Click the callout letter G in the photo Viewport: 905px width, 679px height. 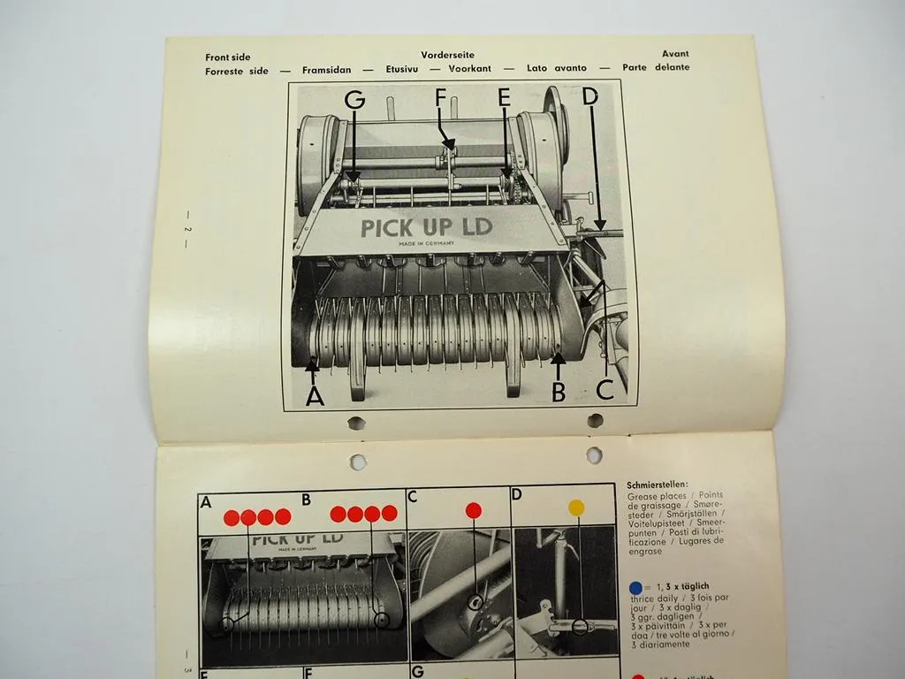click(354, 101)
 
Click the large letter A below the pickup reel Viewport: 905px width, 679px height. click(314, 395)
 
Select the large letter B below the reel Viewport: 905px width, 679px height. click(559, 391)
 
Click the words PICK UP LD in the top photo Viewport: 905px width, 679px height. click(426, 227)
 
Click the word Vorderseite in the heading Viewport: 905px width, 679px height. click(447, 55)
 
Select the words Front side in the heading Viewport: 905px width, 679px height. click(227, 57)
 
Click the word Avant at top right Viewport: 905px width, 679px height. click(674, 54)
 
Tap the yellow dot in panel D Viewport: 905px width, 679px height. click(575, 507)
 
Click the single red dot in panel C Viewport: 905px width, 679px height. click(473, 510)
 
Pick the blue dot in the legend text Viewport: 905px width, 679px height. click(635, 587)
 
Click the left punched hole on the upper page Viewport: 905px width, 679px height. click(356, 423)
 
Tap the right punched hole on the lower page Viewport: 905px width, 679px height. click(594, 455)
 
